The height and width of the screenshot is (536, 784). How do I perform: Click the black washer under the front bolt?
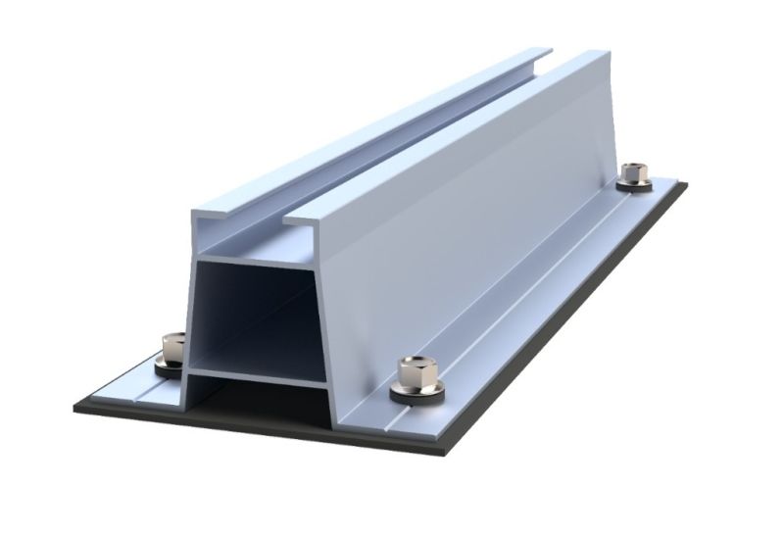[x=411, y=391]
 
